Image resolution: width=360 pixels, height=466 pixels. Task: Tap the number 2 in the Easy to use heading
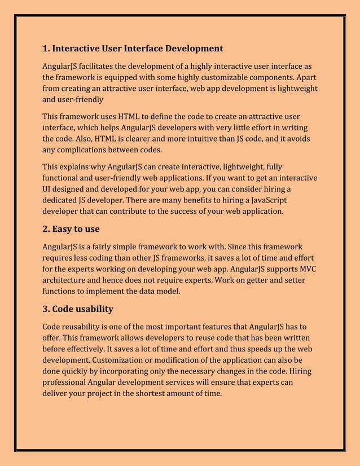tap(46, 230)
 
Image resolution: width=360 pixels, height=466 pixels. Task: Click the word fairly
tap(118, 247)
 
